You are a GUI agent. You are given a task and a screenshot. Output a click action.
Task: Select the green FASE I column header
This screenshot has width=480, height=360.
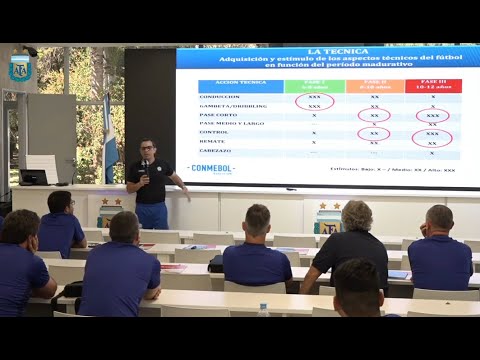(x=314, y=86)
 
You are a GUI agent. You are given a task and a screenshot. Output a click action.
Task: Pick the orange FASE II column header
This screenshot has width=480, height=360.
(x=374, y=86)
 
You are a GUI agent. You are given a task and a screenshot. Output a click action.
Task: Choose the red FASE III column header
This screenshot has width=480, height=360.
(x=432, y=86)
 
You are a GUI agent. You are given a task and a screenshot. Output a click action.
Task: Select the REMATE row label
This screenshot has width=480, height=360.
(x=216, y=141)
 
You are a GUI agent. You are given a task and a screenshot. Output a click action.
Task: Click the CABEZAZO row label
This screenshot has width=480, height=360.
(x=218, y=152)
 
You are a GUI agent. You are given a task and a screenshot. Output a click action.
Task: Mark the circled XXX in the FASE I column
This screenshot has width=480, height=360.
(x=314, y=101)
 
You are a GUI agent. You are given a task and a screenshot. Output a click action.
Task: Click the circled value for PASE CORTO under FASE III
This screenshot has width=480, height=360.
(x=432, y=115)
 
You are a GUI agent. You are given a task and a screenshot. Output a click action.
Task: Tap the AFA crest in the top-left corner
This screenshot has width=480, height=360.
(x=19, y=69)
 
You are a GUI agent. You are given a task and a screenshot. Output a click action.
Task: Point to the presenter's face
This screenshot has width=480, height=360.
(x=147, y=150)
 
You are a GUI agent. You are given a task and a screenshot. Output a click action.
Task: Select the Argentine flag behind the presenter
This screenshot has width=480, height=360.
(x=109, y=140)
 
